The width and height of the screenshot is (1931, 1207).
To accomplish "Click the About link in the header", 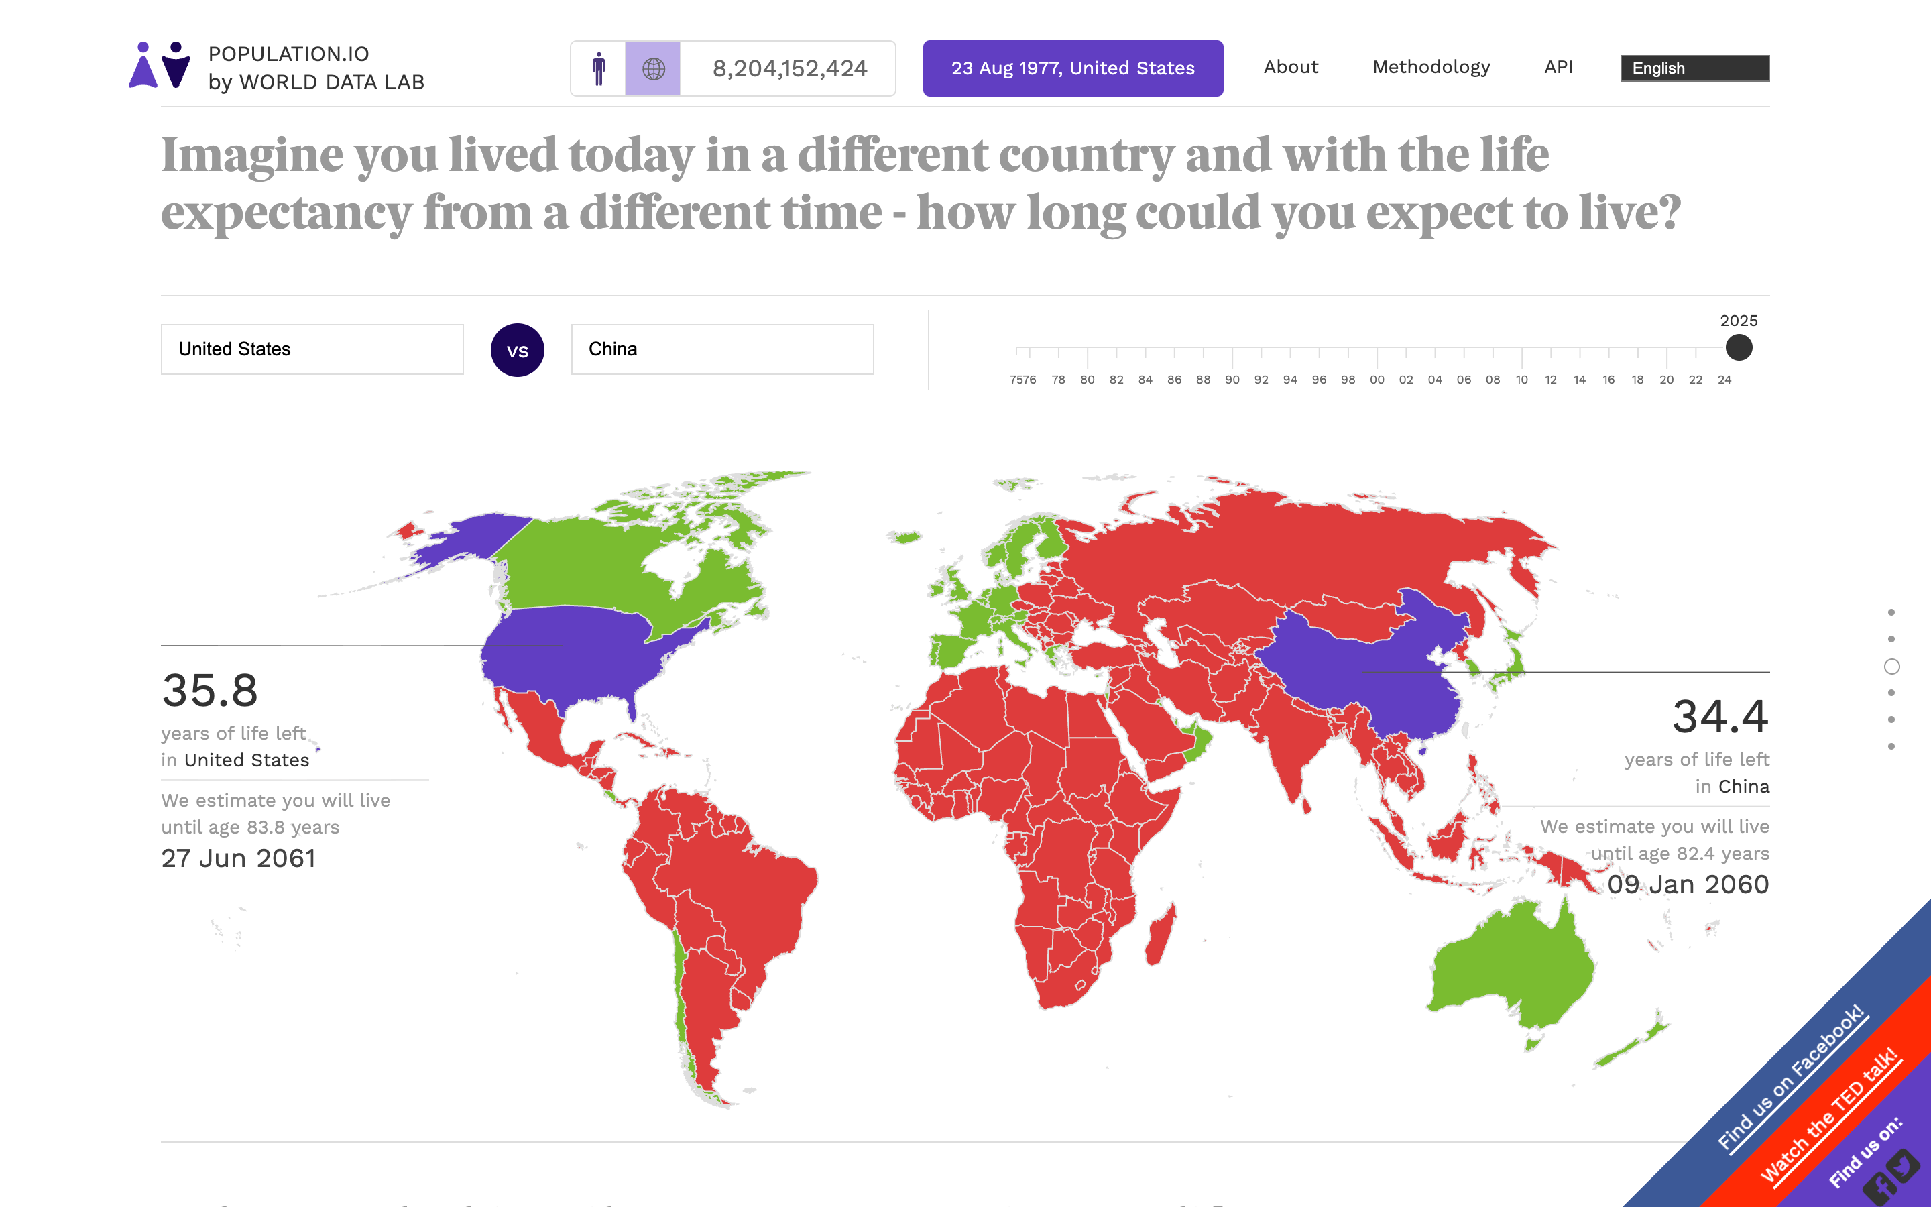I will pyautogui.click(x=1290, y=67).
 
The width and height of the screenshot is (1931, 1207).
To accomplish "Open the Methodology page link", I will pyautogui.click(x=1431, y=67).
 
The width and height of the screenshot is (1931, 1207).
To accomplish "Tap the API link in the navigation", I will pyautogui.click(x=1558, y=67).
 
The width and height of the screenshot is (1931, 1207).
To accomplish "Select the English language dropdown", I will pyautogui.click(x=1694, y=68).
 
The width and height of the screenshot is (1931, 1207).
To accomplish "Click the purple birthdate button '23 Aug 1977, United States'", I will pyautogui.click(x=1072, y=68).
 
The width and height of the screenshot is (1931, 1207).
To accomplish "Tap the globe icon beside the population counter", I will pyautogui.click(x=652, y=68).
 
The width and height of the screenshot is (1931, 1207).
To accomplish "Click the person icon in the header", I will pyautogui.click(x=599, y=68).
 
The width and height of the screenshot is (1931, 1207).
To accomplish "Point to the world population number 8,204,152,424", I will pyautogui.click(x=789, y=68).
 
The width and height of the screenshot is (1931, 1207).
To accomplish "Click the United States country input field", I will pyautogui.click(x=312, y=349).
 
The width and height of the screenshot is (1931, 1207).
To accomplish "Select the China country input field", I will pyautogui.click(x=722, y=349).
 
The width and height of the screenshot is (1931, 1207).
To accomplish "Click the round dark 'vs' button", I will pyautogui.click(x=517, y=351).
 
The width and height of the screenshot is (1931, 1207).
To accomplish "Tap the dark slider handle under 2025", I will pyautogui.click(x=1738, y=348).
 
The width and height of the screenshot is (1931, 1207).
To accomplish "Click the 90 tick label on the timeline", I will pyautogui.click(x=1232, y=380).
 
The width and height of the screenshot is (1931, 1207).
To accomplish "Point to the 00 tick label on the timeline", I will pyautogui.click(x=1377, y=380).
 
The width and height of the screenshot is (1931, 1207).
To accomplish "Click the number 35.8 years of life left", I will pyautogui.click(x=210, y=691).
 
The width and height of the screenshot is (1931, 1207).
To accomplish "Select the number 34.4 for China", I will pyautogui.click(x=1720, y=717).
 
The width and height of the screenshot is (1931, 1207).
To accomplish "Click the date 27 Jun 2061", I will pyautogui.click(x=239, y=858).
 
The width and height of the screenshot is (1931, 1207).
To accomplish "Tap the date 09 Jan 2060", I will pyautogui.click(x=1688, y=884).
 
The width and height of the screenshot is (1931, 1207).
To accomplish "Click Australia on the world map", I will pyautogui.click(x=1508, y=966).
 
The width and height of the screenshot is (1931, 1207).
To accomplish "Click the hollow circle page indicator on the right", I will pyautogui.click(x=1891, y=667).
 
